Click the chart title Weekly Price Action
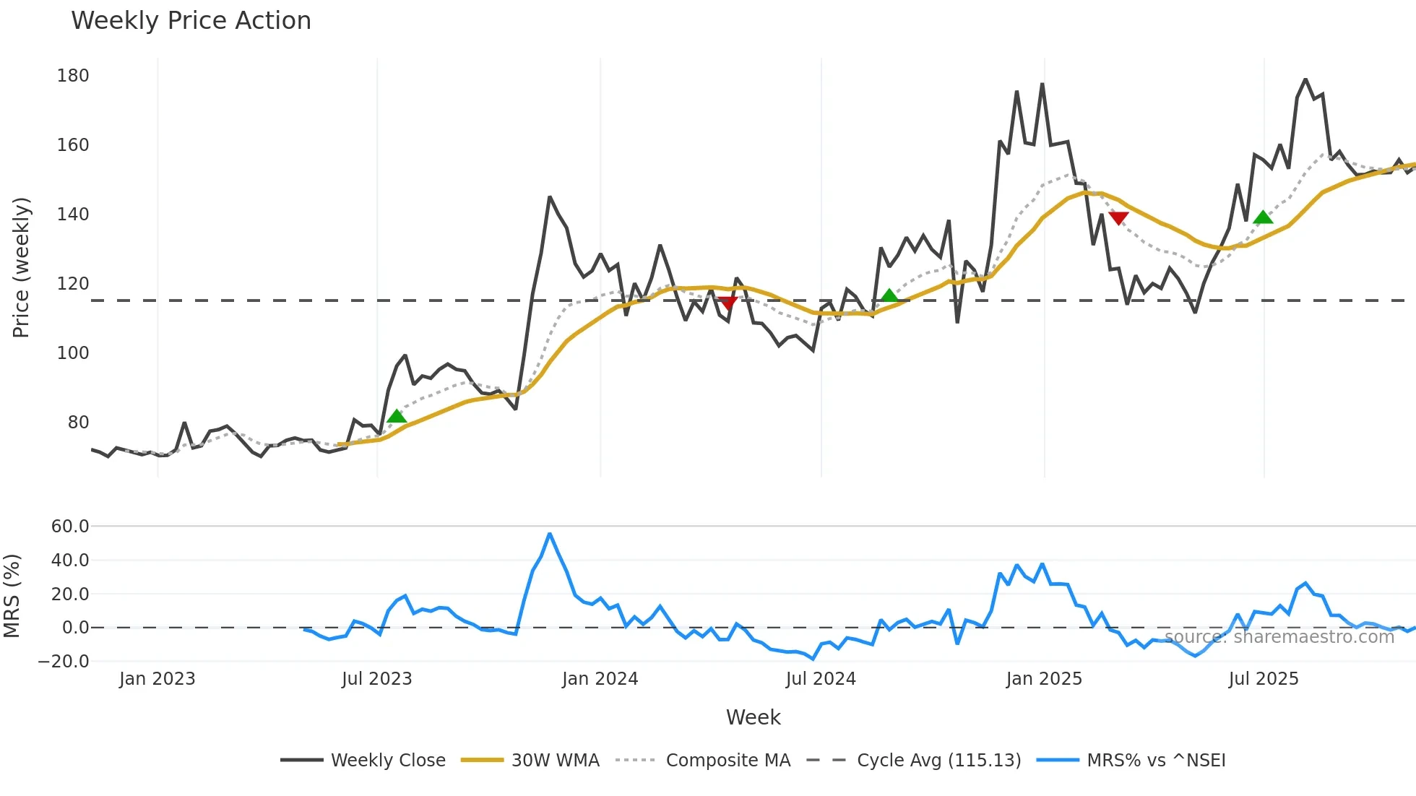pos(191,21)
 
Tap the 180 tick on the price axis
pos(73,76)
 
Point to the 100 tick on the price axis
pos(73,353)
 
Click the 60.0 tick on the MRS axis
pos(70,527)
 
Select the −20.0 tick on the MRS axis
pos(64,662)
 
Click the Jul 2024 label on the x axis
pos(821,679)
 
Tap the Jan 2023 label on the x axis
pos(157,679)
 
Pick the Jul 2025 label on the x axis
pos(1264,679)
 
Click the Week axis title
pos(753,717)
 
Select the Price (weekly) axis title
pos(21,267)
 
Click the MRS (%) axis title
pos(12,596)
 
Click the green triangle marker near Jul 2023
pos(397,417)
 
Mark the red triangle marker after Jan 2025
pos(1118,218)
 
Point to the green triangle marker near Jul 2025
pos(1263,217)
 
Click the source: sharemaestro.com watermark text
pos(1279,637)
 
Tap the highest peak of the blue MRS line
pos(550,535)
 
